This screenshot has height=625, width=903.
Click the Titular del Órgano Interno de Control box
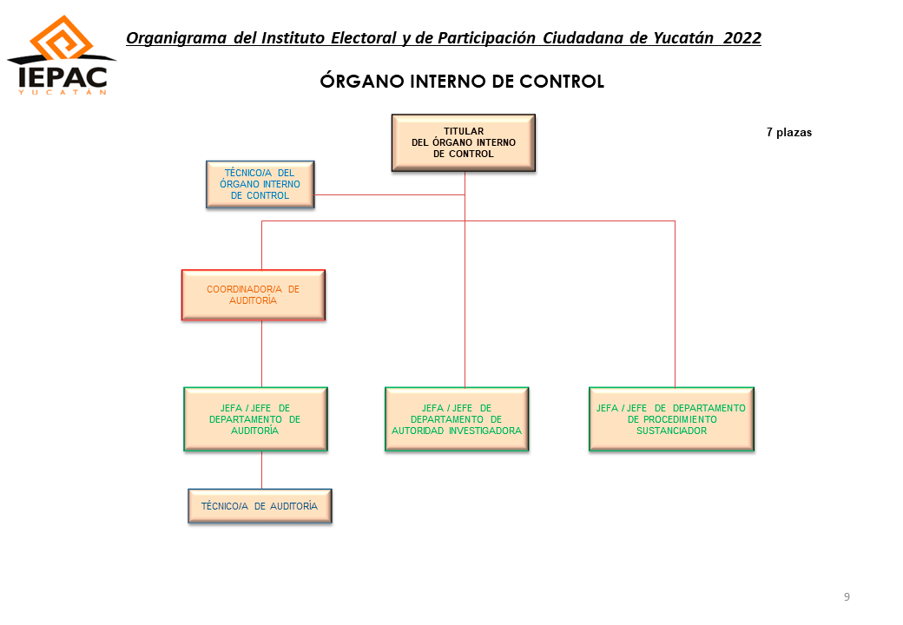coord(464,142)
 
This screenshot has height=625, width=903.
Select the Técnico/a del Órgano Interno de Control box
coord(260,184)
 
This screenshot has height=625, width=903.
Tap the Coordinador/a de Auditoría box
coord(254,294)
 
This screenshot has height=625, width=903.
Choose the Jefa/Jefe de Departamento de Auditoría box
coord(255,419)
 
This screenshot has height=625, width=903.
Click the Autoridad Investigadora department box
coord(457,419)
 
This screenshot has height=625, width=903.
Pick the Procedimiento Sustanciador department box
coord(671,419)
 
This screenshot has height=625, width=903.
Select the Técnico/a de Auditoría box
coord(260,506)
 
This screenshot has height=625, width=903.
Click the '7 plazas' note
coord(789,132)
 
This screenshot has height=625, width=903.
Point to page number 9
coord(847,597)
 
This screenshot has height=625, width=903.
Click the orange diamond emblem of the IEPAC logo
coord(62,38)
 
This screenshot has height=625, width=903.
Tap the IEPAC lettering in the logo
coord(63,77)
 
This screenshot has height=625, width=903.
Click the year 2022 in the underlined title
coord(742,38)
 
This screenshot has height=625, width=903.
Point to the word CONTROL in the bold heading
coord(562,81)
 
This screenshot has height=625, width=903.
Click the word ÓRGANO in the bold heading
coord(362,81)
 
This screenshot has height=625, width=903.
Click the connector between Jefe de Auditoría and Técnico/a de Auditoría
coord(262,470)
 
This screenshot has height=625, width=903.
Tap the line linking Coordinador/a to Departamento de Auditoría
coord(262,354)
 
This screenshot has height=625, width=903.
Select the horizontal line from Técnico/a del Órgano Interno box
coord(390,195)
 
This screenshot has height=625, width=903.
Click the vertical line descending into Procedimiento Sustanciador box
coord(675,304)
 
